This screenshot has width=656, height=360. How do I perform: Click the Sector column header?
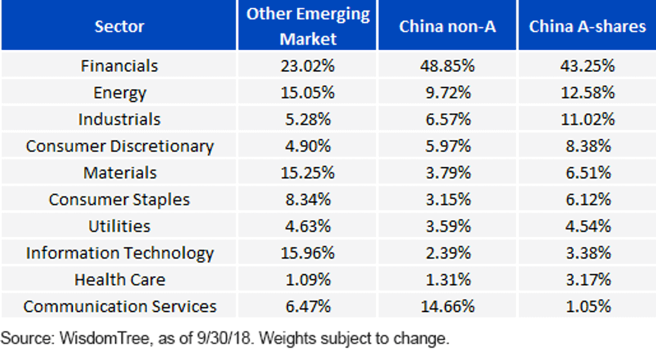pos(120,26)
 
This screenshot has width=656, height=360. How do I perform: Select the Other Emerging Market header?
pos(308,26)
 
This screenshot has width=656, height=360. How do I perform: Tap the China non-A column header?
pos(448,26)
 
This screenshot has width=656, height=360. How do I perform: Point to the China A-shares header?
pos(588,26)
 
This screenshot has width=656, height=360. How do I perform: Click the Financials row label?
pos(120,66)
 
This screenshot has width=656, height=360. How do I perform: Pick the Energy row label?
pos(120,93)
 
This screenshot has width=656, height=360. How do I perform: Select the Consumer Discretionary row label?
pos(120,146)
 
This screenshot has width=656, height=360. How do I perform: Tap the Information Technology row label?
pos(120,253)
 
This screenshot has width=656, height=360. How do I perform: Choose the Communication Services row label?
pos(120,306)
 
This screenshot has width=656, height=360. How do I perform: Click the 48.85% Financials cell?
pos(448,66)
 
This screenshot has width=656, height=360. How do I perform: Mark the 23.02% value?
pos(307,66)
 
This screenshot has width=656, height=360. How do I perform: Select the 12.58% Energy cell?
pos(588,92)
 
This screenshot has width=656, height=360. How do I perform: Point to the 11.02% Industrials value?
pos(588,120)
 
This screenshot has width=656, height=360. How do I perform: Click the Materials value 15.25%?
pos(307,173)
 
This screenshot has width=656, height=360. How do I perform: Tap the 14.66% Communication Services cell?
pos(448,306)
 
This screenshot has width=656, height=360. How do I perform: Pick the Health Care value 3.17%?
pos(588,280)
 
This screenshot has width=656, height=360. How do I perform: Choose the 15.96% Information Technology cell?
pos(307,253)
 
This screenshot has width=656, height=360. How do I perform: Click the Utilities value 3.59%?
pos(448,226)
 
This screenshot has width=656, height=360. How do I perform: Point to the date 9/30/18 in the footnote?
pos(224,338)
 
